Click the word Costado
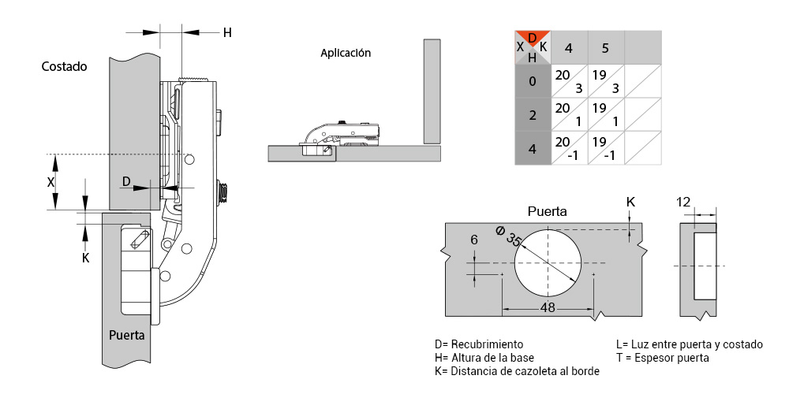(65, 66)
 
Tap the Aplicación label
(346, 53)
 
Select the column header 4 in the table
(569, 48)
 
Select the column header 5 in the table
(605, 48)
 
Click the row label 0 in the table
(533, 81)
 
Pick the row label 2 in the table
(533, 115)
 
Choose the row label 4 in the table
(533, 149)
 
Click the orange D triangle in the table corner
(533, 38)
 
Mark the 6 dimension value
(473, 240)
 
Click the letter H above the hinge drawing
(227, 32)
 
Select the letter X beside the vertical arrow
(50, 183)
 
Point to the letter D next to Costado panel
(127, 181)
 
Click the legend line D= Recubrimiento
(479, 345)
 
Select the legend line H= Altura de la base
(484, 359)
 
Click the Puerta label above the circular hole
(547, 211)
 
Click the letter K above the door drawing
(630, 202)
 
